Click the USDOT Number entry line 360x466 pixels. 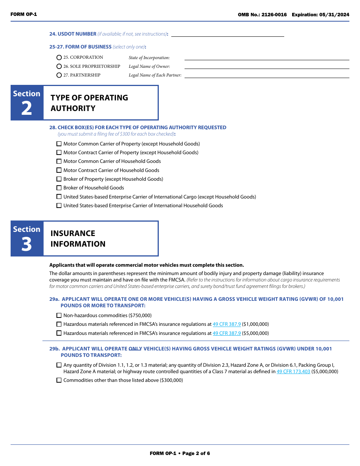click(x=227, y=34)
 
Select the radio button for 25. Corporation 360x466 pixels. click(x=59, y=58)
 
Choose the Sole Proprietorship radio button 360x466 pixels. click(x=59, y=66)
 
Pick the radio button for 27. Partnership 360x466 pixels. click(x=59, y=75)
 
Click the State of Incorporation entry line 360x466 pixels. click(x=266, y=58)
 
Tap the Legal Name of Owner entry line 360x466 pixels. click(x=266, y=66)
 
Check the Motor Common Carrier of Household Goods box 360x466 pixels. click(x=59, y=161)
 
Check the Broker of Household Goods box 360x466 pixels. click(x=59, y=188)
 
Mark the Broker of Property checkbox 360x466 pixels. click(x=59, y=179)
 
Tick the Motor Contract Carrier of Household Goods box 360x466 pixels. click(x=59, y=170)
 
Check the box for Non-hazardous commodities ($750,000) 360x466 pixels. click(x=59, y=315)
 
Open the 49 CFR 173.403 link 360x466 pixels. click(x=293, y=372)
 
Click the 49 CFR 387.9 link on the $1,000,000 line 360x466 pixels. click(x=227, y=324)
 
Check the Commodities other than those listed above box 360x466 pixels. click(x=59, y=380)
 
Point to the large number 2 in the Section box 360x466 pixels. click(x=27, y=109)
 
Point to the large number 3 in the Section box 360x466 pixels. click(x=27, y=244)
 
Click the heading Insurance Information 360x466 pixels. click(x=78, y=239)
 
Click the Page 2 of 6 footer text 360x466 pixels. click(x=196, y=453)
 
